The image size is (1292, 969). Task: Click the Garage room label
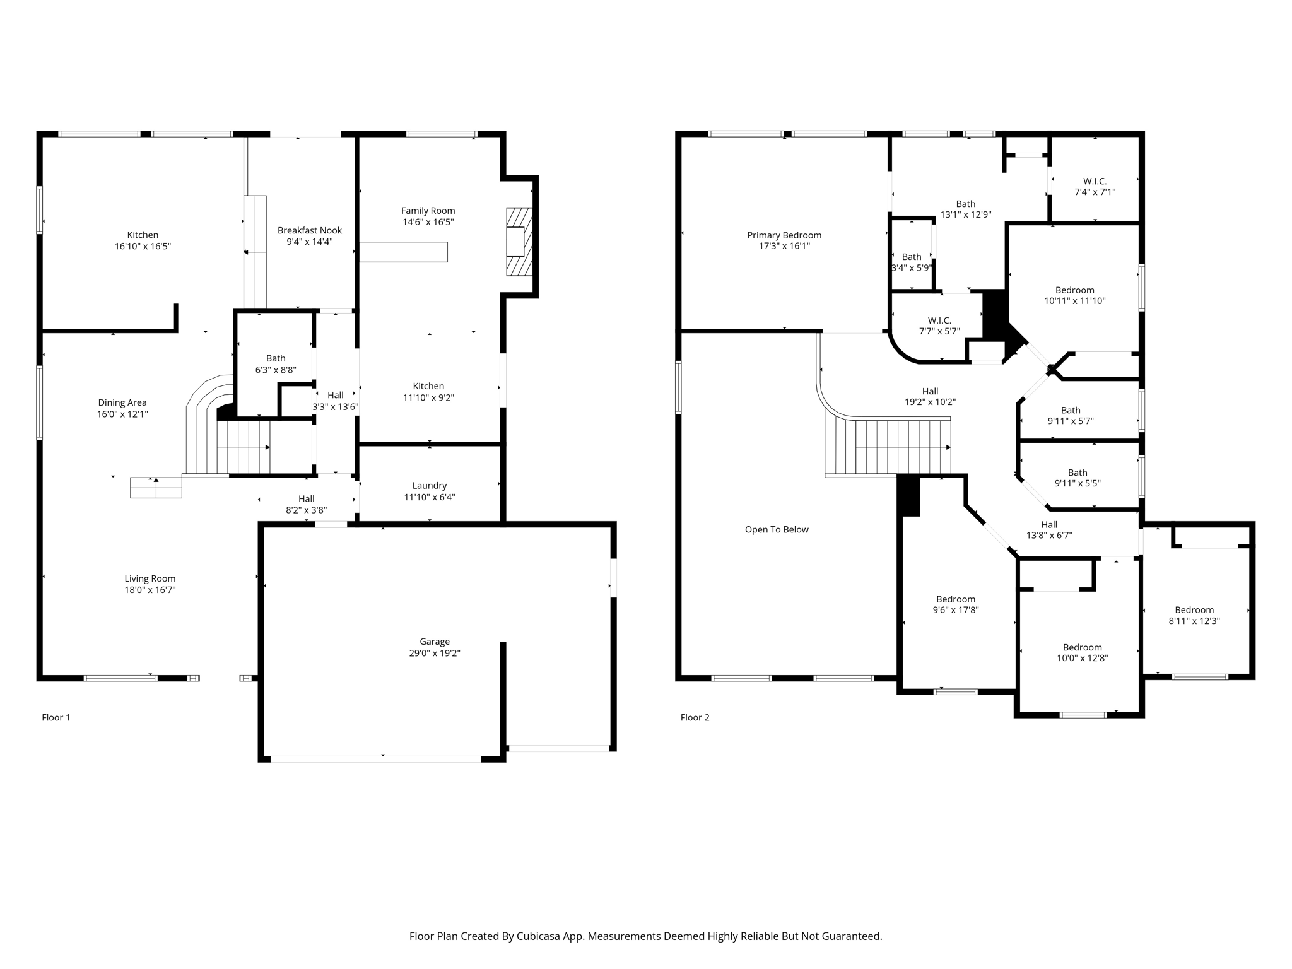click(435, 642)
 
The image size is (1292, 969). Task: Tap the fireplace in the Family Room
click(519, 242)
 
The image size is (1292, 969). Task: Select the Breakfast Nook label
click(310, 230)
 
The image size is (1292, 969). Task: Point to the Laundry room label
click(430, 486)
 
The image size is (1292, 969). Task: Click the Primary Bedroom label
click(784, 235)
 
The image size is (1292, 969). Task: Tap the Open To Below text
click(777, 529)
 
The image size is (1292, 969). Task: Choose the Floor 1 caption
click(56, 717)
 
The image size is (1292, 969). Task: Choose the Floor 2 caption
click(695, 717)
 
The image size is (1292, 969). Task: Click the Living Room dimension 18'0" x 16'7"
click(150, 590)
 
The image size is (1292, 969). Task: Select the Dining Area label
click(122, 402)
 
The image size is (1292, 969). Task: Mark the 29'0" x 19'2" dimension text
click(435, 653)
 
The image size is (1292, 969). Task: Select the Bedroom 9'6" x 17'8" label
click(956, 604)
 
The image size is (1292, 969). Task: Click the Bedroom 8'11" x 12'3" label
click(1194, 615)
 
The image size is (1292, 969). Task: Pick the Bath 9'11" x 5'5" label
click(1078, 478)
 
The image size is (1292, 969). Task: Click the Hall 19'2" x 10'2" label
click(930, 396)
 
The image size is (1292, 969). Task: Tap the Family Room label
click(428, 211)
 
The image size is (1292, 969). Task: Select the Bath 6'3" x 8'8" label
click(276, 364)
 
